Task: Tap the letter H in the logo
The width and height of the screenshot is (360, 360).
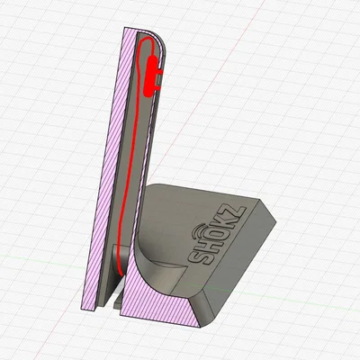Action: (198, 254)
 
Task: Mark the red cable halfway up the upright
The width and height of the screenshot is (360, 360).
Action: (130, 171)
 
